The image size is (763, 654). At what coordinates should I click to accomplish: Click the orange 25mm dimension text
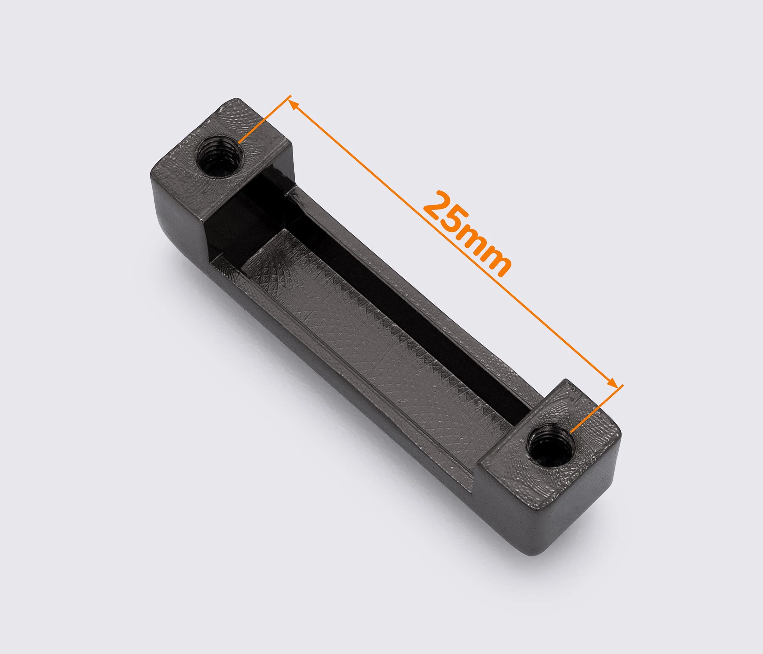point(467,234)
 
